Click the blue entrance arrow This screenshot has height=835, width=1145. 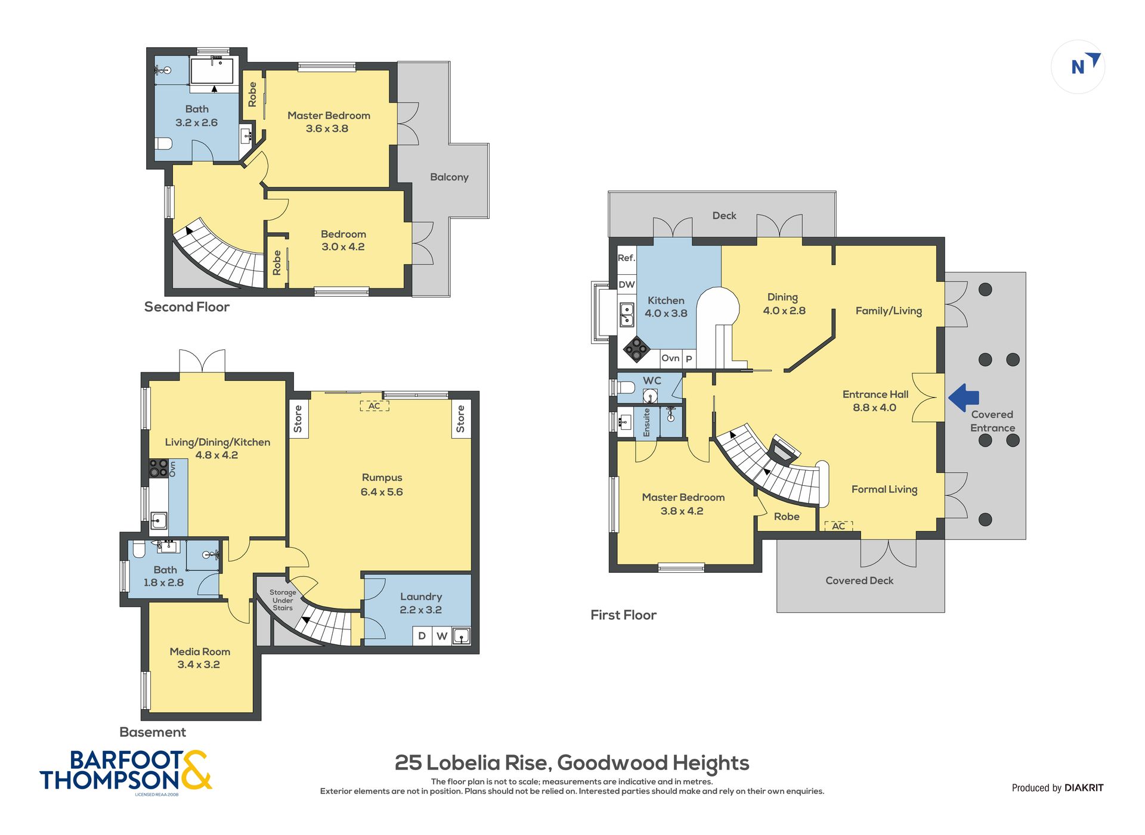964,398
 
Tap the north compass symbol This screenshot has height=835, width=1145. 1078,66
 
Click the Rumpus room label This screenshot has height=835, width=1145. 382,477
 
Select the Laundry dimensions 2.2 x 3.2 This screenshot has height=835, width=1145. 420,610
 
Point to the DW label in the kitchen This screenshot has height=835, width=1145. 626,284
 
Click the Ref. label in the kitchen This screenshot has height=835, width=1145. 626,257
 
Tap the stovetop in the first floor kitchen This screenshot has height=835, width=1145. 636,349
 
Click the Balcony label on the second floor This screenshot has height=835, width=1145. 449,177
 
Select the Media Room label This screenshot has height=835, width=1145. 200,651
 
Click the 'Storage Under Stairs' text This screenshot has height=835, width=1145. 283,600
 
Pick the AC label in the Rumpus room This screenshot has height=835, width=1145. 374,406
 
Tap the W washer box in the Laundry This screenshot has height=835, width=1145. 442,636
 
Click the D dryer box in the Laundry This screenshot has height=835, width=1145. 422,636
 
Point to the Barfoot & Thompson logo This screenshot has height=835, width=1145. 126,772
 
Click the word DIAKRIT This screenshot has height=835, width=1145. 1084,787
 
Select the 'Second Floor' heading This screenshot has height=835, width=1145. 187,307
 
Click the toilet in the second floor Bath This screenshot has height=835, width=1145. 163,144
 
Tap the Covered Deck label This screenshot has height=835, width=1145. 859,581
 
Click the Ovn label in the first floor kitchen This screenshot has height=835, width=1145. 670,358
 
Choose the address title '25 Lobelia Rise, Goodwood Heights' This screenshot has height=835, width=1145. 572,763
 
